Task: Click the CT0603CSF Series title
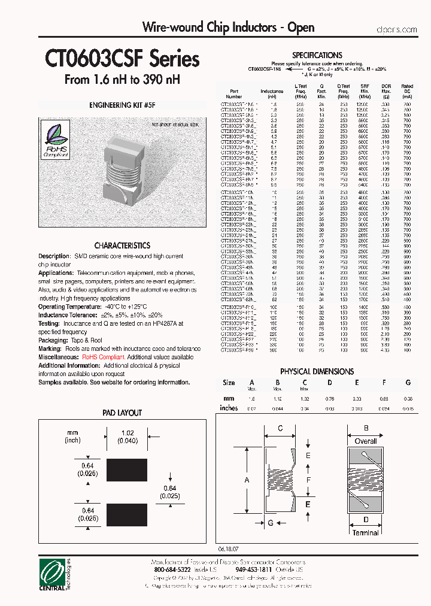click(x=122, y=59)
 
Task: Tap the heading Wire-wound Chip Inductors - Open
click(x=227, y=28)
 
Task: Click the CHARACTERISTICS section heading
click(x=122, y=246)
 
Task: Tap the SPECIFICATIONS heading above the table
click(x=317, y=55)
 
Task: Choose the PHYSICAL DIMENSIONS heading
click(x=317, y=371)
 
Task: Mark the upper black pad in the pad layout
click(x=126, y=467)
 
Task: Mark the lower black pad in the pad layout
click(x=126, y=512)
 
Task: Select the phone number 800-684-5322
click(x=169, y=571)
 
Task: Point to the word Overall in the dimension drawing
click(x=365, y=441)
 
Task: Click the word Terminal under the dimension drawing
click(x=365, y=532)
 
